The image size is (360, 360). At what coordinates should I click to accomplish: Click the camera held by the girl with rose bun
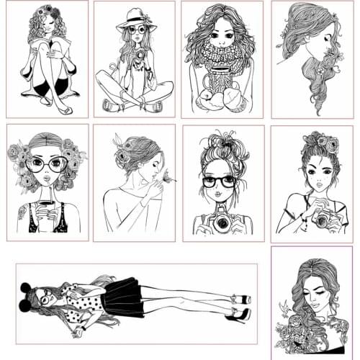tap(321, 218)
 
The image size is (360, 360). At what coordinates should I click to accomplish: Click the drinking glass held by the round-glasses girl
tap(48, 211)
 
